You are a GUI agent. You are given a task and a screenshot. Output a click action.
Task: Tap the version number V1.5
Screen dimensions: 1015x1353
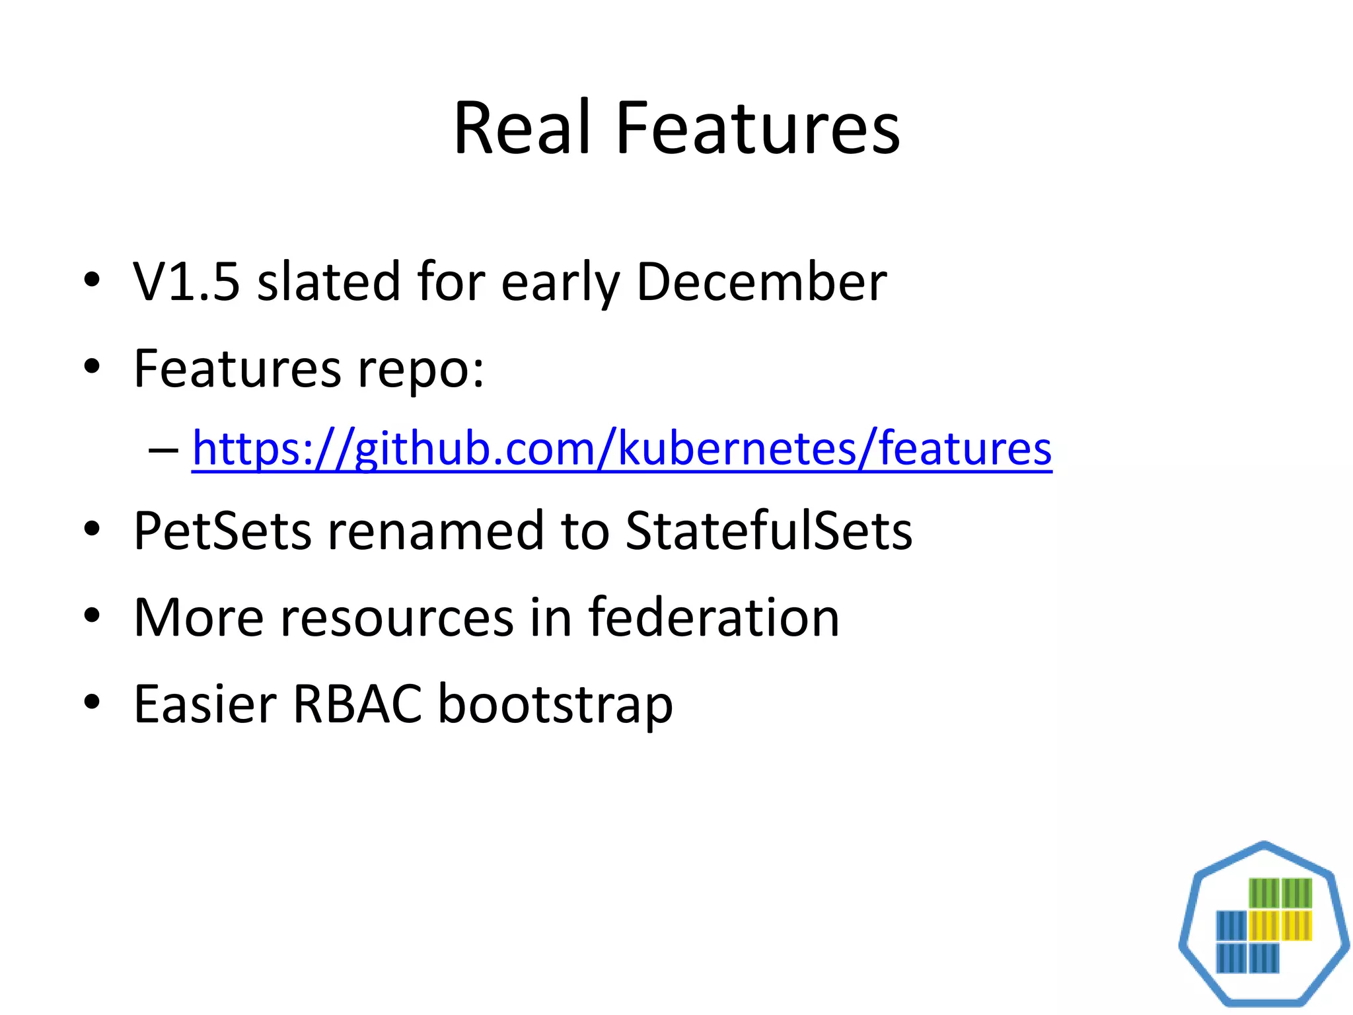186,282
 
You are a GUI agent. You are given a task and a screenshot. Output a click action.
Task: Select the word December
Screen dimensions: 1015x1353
761,282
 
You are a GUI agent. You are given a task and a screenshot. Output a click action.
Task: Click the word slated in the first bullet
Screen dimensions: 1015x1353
328,282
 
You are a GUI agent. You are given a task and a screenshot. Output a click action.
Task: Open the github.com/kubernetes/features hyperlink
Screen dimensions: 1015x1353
621,449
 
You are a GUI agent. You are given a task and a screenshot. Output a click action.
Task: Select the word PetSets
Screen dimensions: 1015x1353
222,531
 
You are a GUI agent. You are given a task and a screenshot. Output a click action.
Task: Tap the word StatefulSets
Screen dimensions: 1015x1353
768,531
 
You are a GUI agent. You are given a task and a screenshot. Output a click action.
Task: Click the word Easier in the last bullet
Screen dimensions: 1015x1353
205,704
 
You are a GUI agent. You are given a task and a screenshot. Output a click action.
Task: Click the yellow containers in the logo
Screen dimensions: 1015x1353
1280,925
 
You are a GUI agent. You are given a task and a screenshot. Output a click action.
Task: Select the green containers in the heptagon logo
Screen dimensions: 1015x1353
1280,893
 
